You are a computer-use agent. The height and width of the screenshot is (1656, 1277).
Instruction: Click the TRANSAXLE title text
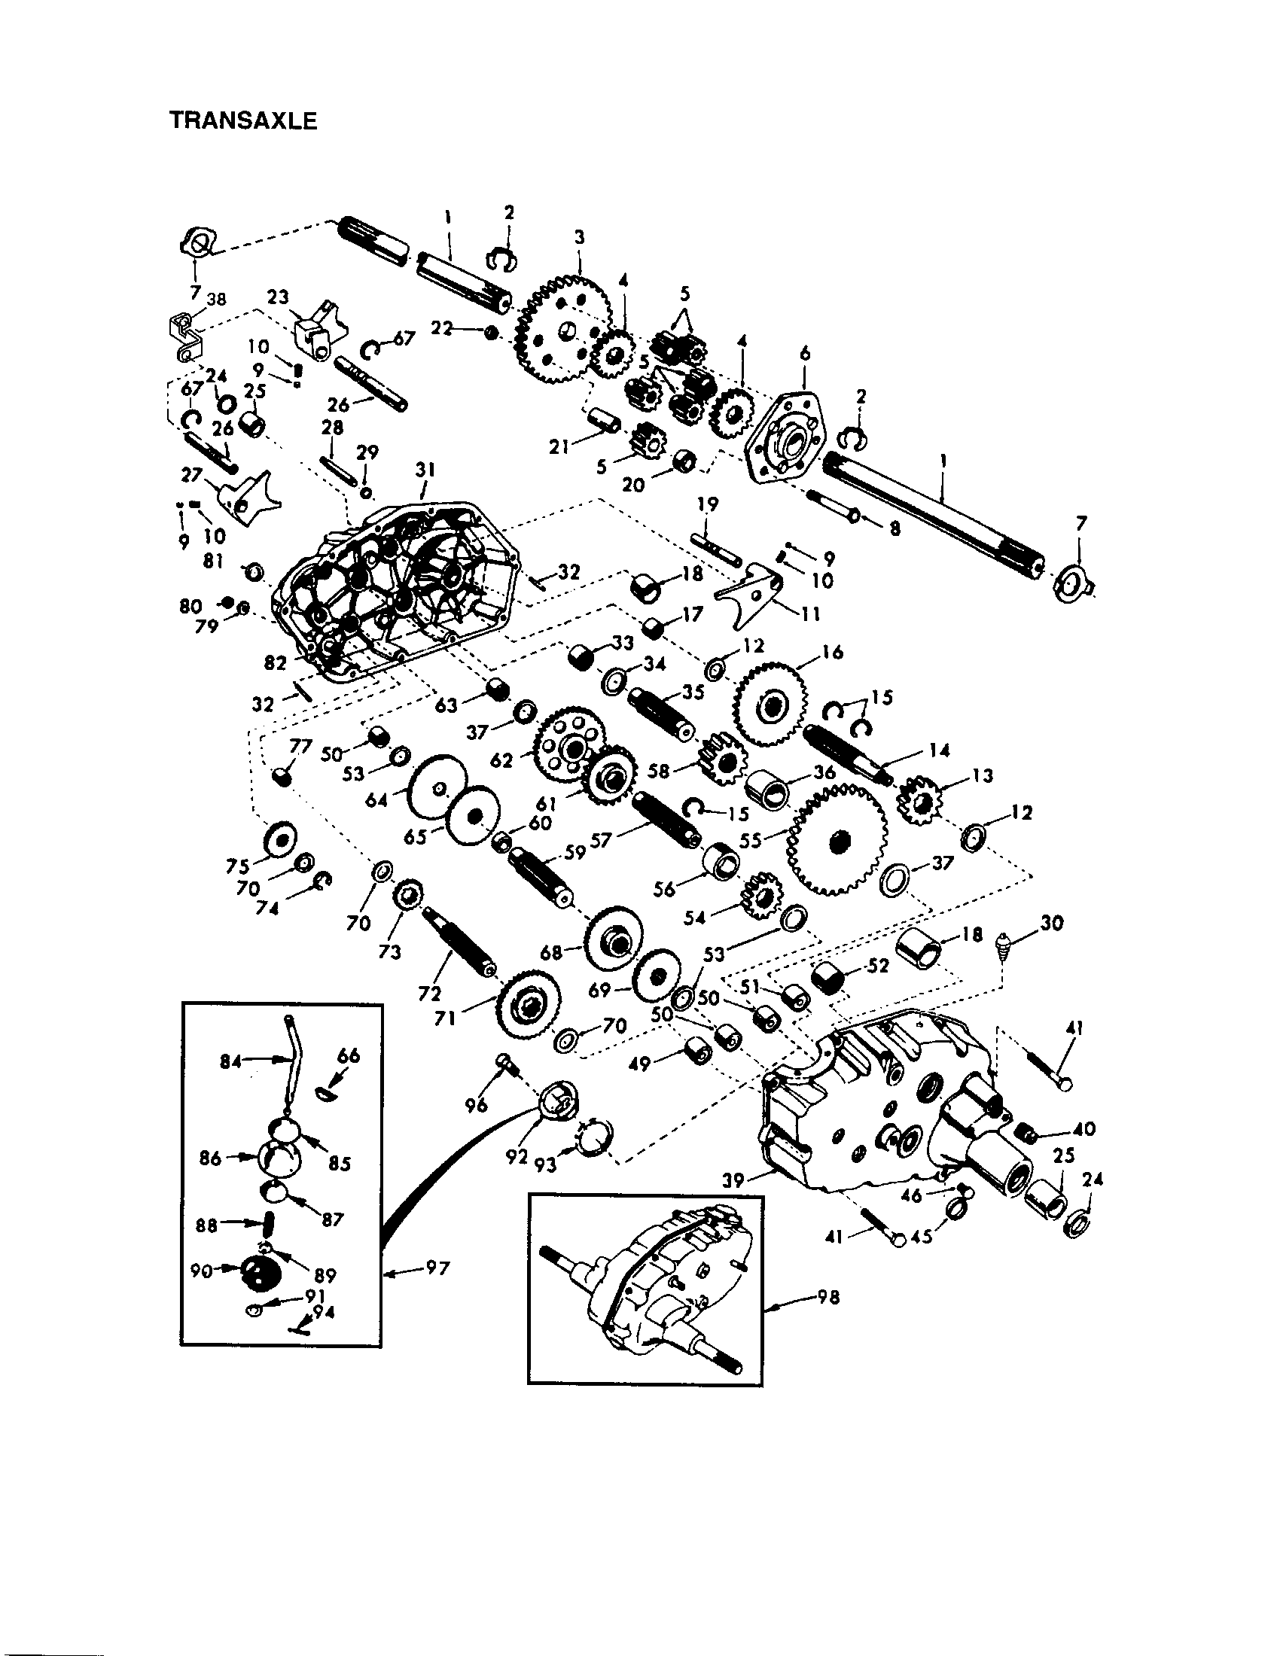(242, 121)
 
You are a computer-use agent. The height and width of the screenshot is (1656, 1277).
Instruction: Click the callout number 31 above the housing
(425, 470)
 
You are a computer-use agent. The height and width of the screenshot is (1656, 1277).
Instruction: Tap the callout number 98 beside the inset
(828, 1298)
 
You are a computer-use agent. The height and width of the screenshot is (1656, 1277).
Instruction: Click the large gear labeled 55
(837, 840)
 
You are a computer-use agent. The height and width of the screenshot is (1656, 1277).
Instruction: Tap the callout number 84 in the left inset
(230, 1062)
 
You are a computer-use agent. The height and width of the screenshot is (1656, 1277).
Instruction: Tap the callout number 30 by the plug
(1051, 923)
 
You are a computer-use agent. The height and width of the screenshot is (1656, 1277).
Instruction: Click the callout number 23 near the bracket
(278, 297)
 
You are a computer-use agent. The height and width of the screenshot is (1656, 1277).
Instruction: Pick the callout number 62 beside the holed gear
(502, 760)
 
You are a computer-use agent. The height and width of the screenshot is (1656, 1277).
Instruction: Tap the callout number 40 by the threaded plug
(1084, 1129)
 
